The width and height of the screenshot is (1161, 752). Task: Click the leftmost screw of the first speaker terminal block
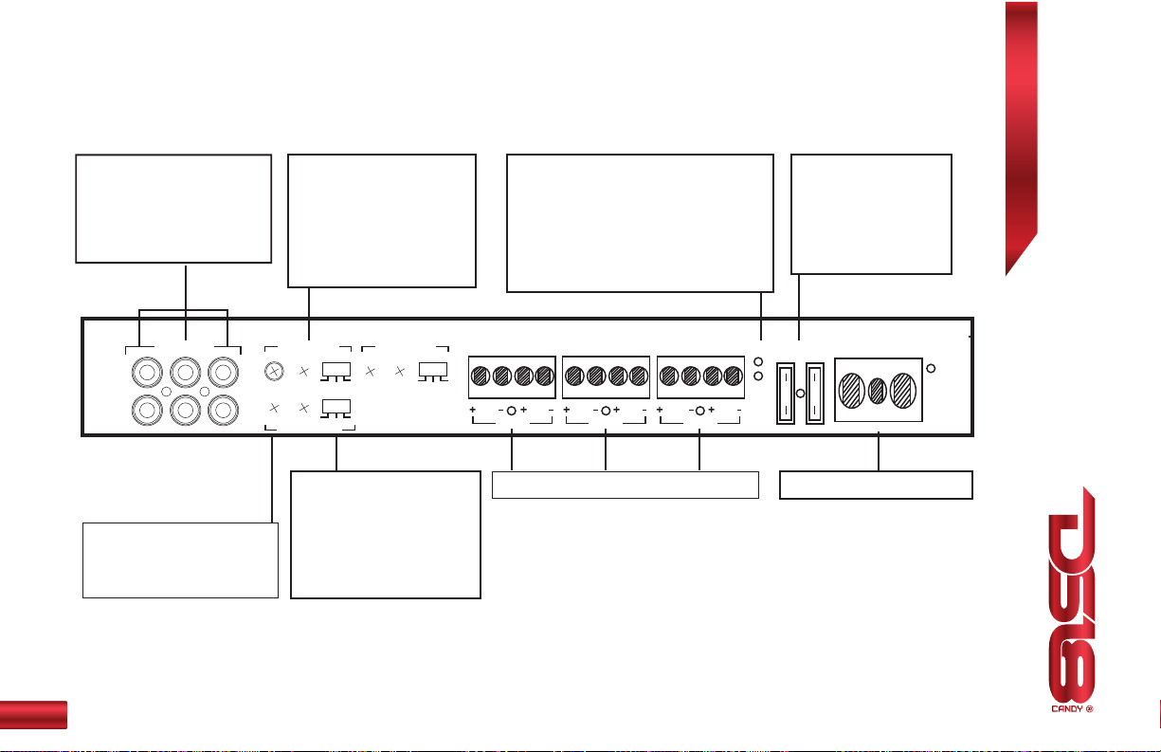pyautogui.click(x=481, y=376)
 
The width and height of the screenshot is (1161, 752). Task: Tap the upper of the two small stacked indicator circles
pyautogui.click(x=758, y=361)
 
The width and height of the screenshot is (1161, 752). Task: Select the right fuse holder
pyautogui.click(x=813, y=393)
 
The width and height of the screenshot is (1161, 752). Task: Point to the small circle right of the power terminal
pyautogui.click(x=933, y=368)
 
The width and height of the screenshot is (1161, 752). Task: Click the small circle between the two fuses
pyautogui.click(x=800, y=394)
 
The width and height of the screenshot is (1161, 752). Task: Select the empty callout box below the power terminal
pyautogui.click(x=876, y=484)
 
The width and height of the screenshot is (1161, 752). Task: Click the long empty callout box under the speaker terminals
pyautogui.click(x=626, y=484)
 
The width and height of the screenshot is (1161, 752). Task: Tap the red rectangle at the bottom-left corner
pyautogui.click(x=33, y=714)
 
